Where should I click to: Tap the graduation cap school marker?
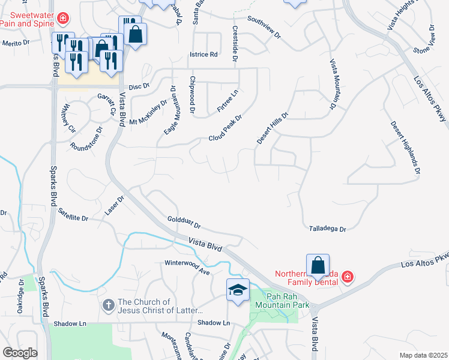238,290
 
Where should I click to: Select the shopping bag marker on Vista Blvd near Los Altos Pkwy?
318,265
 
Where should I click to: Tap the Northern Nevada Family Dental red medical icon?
348,277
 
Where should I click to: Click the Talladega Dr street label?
328,229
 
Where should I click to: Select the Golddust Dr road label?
184,223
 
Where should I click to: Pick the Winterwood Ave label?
187,267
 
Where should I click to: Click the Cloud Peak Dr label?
224,129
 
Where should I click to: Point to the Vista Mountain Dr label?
332,84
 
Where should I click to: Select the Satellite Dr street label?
73,215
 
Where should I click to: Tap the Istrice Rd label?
203,55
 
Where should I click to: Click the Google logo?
20,352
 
